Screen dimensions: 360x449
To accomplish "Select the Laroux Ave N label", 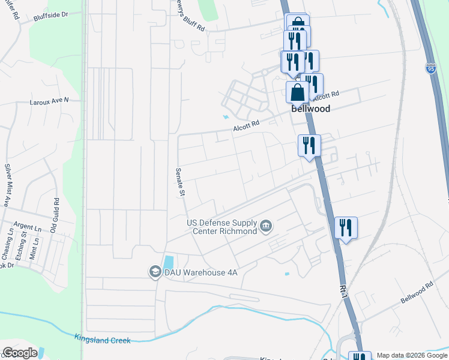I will (x=50, y=101).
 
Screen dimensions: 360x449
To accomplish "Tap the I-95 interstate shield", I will (x=431, y=68).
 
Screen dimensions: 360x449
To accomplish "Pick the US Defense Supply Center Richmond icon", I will (x=267, y=227).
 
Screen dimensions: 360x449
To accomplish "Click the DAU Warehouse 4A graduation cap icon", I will (x=154, y=272).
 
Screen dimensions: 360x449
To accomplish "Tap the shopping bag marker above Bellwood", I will (x=297, y=92).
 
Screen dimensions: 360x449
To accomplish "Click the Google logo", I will (x=20, y=353).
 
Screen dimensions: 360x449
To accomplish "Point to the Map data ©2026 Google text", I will (x=412, y=355).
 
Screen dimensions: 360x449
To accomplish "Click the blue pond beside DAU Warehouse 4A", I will (x=169, y=262).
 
